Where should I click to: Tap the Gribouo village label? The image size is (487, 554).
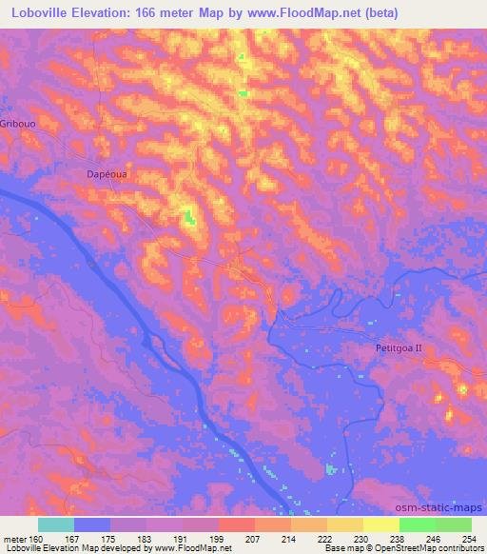tap(19, 125)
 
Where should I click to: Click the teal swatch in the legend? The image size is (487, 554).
tap(56, 524)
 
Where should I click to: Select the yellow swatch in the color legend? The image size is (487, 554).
tap(381, 524)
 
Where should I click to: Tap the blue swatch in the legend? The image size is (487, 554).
tap(92, 524)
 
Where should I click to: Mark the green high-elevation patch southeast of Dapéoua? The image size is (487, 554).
tap(189, 218)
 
